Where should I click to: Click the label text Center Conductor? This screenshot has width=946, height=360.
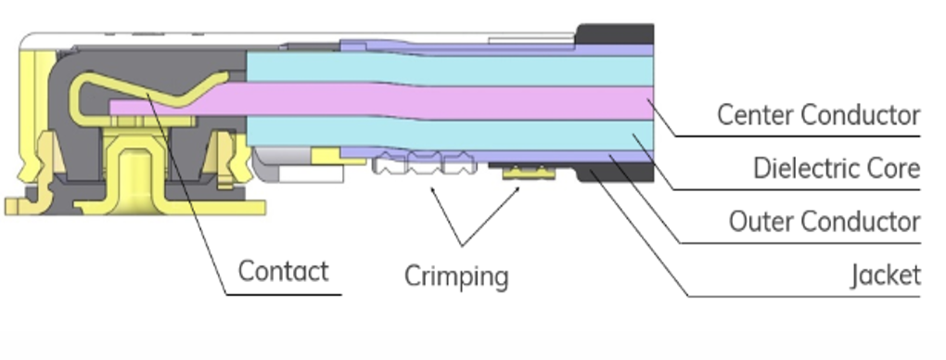pyautogui.click(x=818, y=115)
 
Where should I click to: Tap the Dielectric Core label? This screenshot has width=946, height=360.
pyautogui.click(x=836, y=169)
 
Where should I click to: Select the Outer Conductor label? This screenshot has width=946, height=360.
pyautogui.click(x=824, y=223)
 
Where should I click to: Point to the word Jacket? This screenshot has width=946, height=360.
pyautogui.click(x=886, y=276)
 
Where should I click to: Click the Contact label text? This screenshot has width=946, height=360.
pyautogui.click(x=283, y=272)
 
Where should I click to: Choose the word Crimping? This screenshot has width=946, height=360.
pyautogui.click(x=456, y=276)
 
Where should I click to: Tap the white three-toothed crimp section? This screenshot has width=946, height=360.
pyautogui.click(x=417, y=166)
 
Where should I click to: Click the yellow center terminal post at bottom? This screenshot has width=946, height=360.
pyautogui.click(x=130, y=176)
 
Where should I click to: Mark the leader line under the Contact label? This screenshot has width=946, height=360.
pyautogui.click(x=283, y=295)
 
